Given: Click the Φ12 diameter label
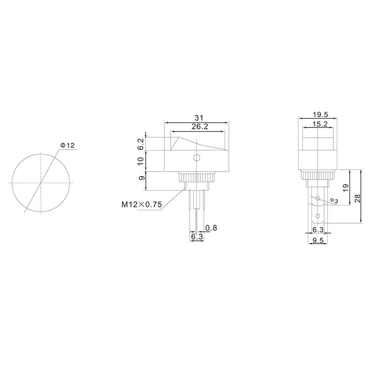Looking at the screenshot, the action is point(67,145).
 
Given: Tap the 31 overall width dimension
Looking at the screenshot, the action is point(199,118).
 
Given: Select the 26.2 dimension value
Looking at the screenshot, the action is point(200,126).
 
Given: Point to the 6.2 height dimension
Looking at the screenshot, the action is point(141,144).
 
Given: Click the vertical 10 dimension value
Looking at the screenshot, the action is point(141,161).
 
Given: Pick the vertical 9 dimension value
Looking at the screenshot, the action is point(141,178).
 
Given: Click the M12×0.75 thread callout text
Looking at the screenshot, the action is point(142,204).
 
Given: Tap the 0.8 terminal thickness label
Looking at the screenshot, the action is point(211,228).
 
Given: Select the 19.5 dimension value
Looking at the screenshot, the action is point(320,115).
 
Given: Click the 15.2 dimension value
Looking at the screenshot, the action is point(320,124).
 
